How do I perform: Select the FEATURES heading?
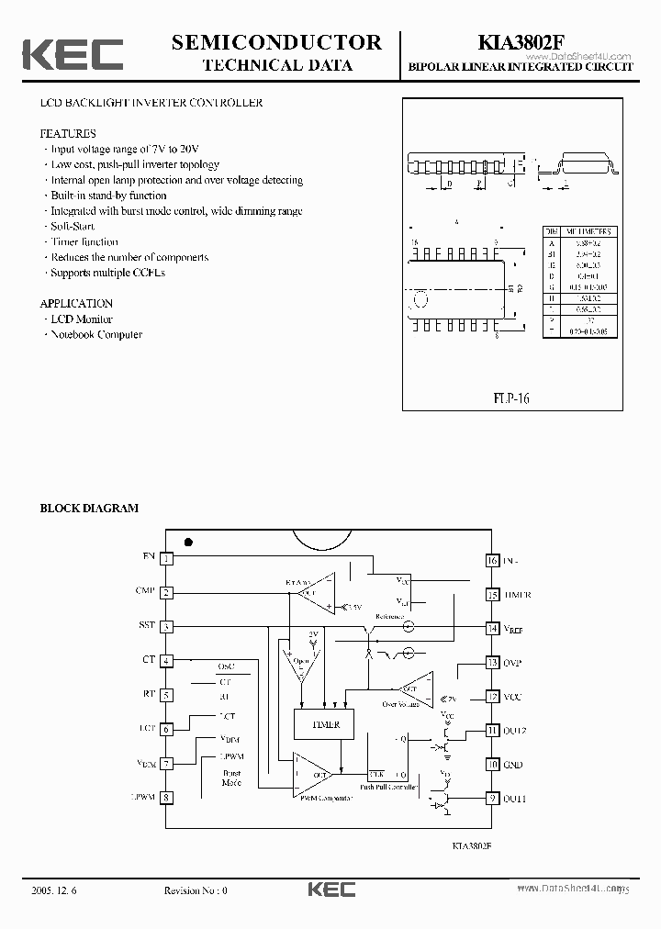[67, 133]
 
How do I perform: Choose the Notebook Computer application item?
[96, 334]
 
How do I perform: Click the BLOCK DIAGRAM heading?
[89, 508]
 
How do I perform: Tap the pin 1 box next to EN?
[166, 558]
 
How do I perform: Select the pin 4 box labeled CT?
[166, 661]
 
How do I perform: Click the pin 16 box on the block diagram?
[492, 560]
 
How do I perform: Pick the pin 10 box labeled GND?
[492, 764]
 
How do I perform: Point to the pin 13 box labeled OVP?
[492, 662]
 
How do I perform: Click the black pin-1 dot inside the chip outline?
[188, 542]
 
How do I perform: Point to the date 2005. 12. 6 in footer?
[54, 890]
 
